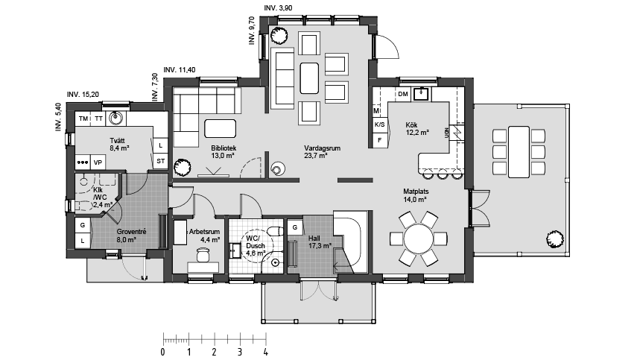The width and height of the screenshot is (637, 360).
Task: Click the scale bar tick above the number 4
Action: [x=266, y=338]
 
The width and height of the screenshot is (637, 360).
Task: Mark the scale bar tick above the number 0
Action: [x=163, y=338]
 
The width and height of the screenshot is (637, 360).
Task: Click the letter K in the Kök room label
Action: [x=408, y=125]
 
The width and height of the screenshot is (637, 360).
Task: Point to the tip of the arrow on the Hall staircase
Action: [x=334, y=267]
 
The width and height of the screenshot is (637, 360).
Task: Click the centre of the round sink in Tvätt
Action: [x=116, y=118]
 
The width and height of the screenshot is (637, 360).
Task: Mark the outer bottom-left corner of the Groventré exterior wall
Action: [x=66, y=258]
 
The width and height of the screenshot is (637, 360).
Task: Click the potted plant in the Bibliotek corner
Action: [x=182, y=167]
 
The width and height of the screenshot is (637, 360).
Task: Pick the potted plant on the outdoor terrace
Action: [x=554, y=239]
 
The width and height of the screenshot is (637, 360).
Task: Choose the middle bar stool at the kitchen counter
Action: [x=442, y=174]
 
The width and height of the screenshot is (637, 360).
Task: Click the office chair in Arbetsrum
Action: [x=203, y=255]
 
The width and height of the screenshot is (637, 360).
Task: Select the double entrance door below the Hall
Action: [x=319, y=289]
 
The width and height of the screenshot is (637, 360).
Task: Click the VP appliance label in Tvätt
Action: [x=98, y=162]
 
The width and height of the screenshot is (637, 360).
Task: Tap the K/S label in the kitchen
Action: [x=379, y=124]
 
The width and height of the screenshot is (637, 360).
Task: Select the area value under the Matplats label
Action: [x=415, y=200]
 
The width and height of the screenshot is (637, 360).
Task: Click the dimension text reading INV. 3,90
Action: [x=278, y=7]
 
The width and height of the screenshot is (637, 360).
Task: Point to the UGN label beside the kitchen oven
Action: [x=447, y=132]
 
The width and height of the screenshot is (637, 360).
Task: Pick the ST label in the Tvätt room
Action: [x=160, y=161]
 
